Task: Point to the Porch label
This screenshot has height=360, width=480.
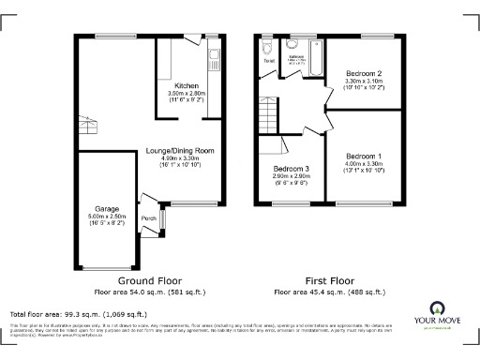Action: point(148,219)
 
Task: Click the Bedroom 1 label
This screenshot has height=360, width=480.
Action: point(362,155)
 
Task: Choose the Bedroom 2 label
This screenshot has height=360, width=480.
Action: point(364,72)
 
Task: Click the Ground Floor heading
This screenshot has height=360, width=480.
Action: point(149,280)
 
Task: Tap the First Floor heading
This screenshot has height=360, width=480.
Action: point(331,280)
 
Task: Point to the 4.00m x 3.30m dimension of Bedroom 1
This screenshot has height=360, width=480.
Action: point(362,164)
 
